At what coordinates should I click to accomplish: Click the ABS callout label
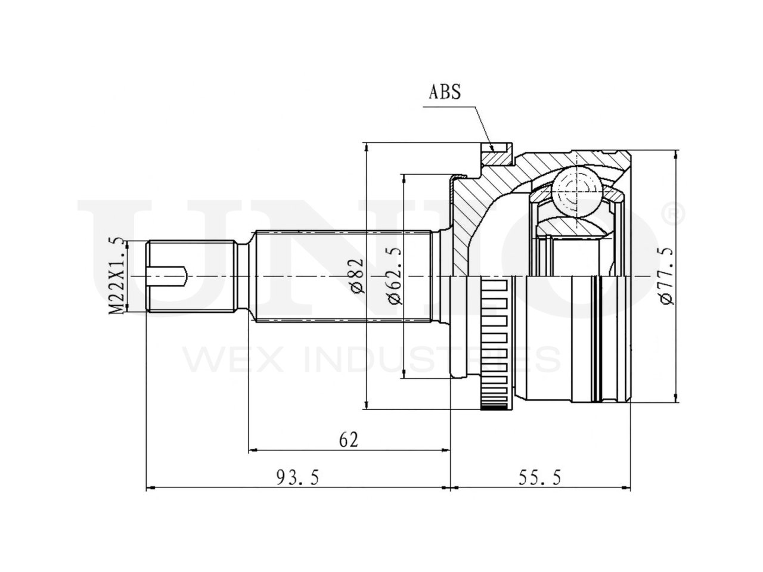point(445,92)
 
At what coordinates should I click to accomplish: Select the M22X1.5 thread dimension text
point(116,275)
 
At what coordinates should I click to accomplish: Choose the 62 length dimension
point(349,440)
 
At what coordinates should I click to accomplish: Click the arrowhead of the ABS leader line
point(492,148)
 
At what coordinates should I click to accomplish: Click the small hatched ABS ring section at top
point(498,157)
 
